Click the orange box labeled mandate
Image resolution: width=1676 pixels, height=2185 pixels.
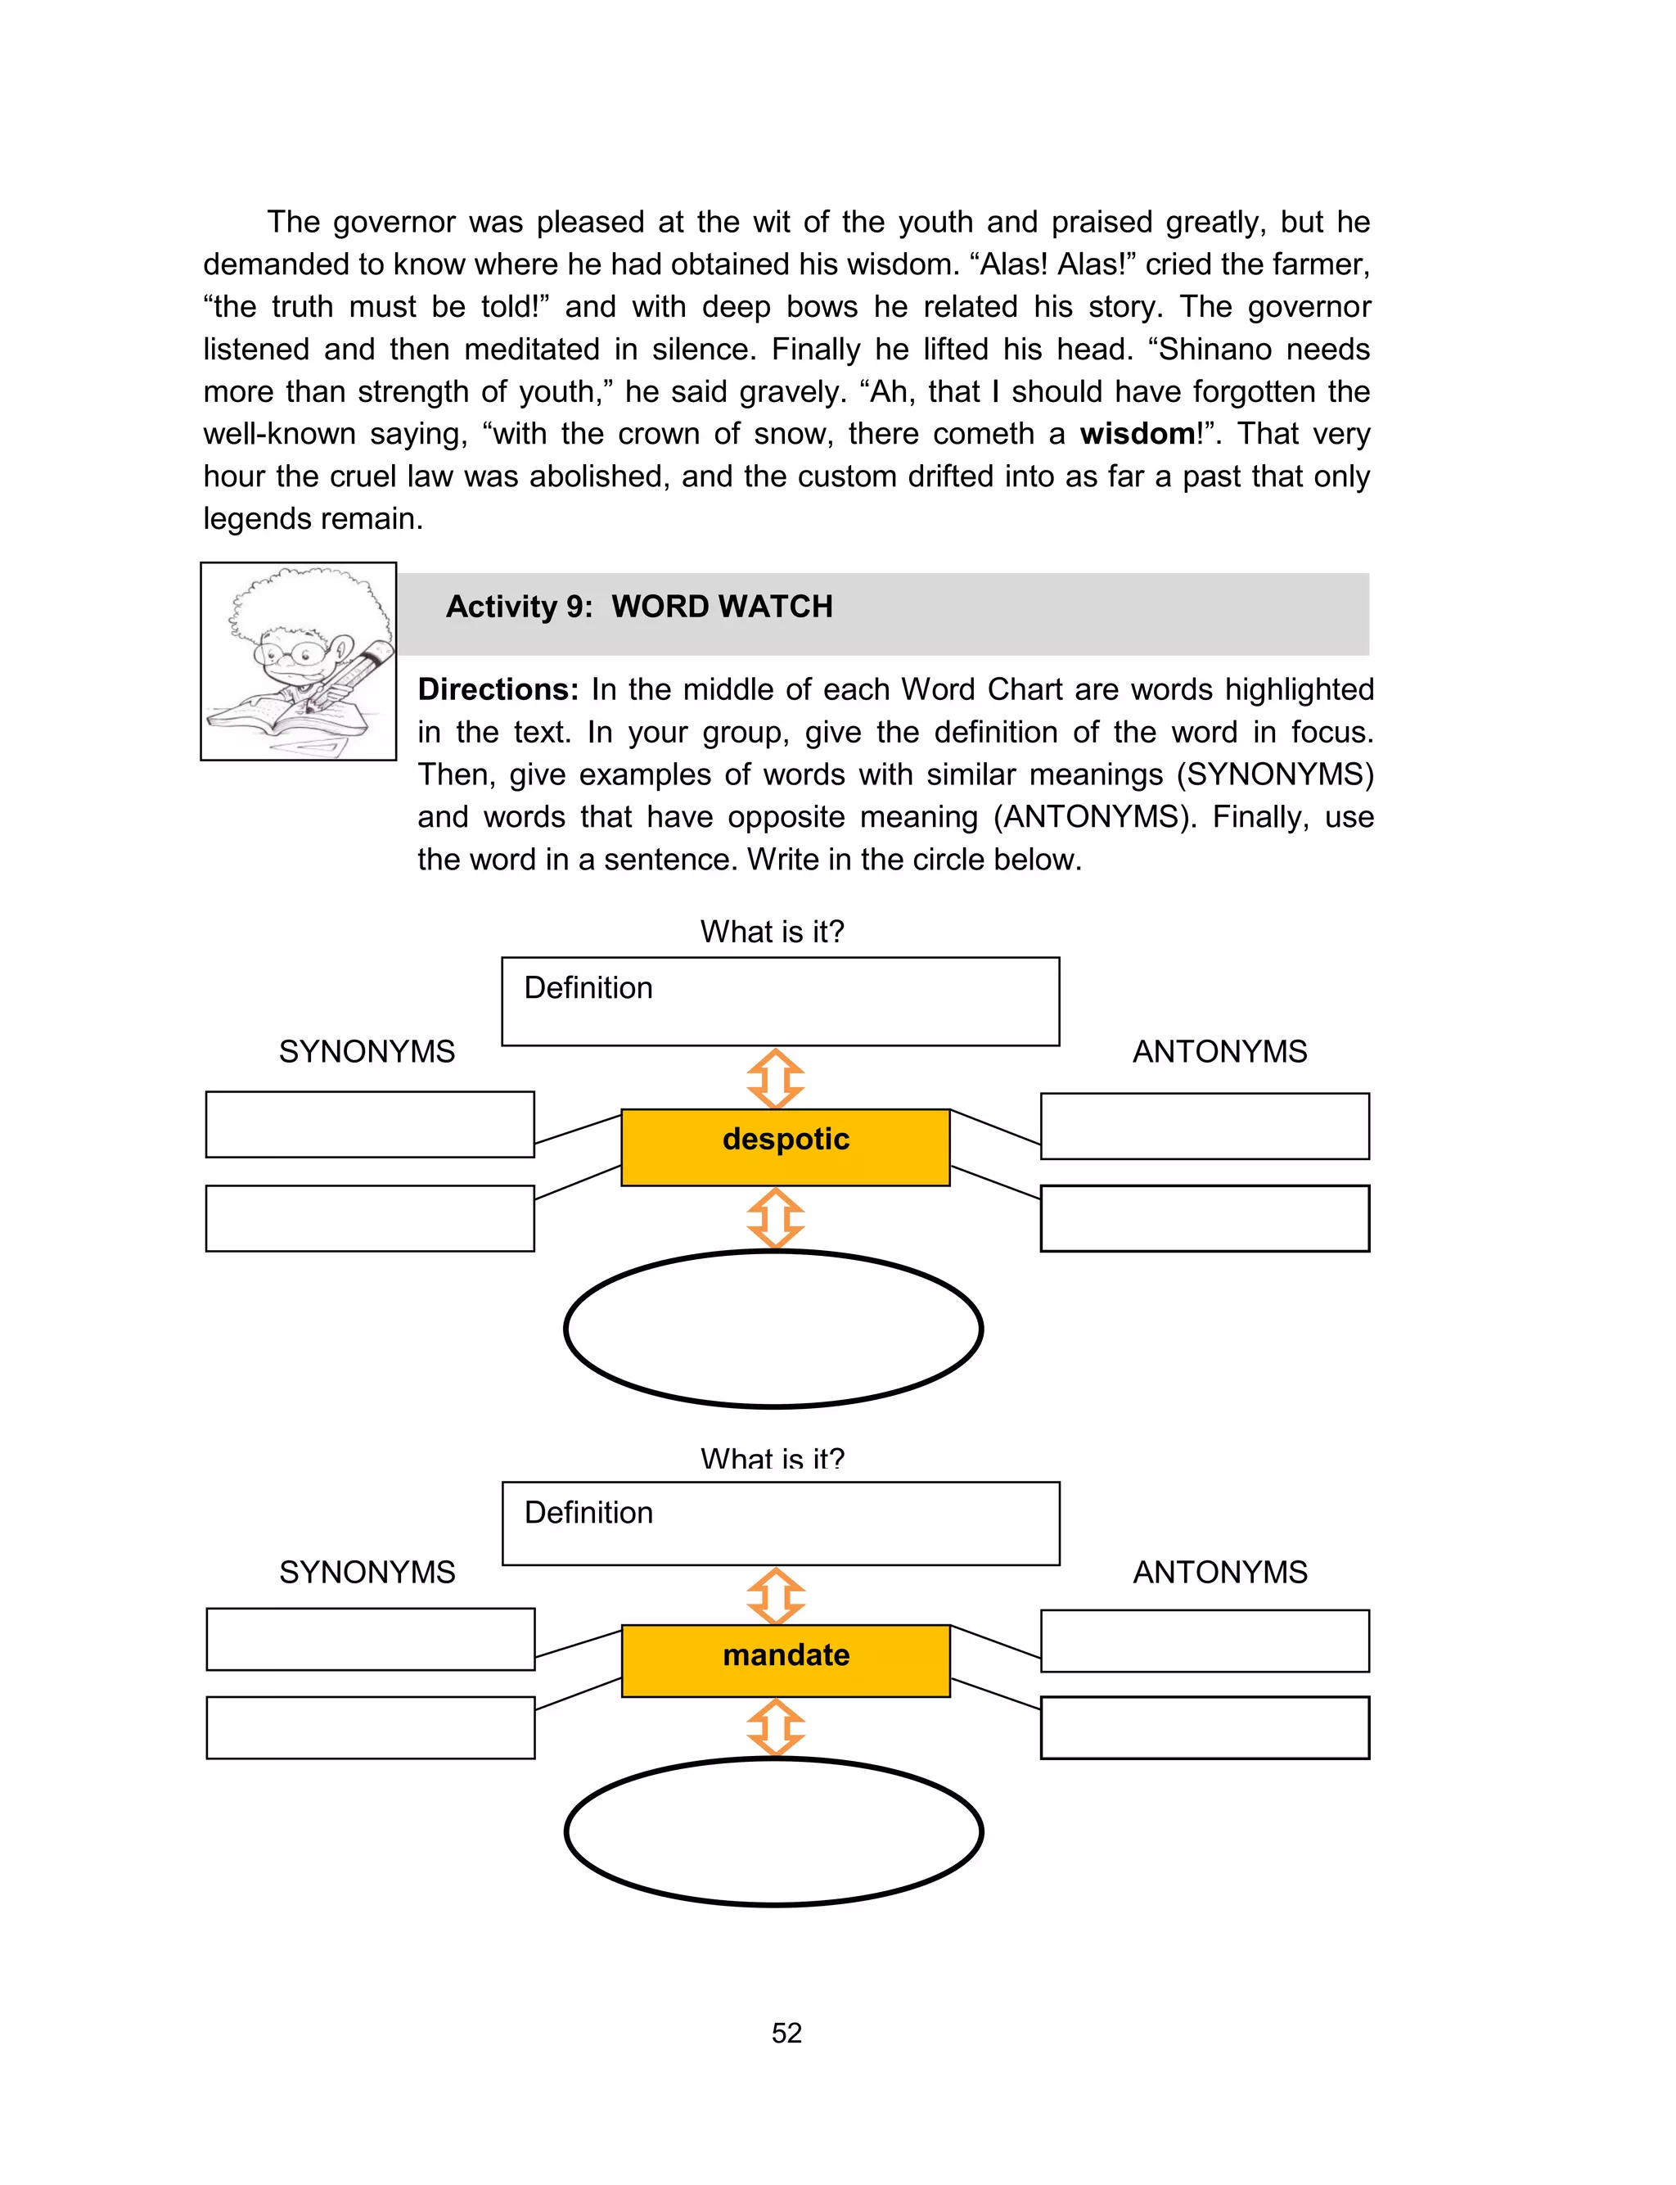[785, 1660]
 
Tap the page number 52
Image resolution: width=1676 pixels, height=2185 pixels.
[786, 2033]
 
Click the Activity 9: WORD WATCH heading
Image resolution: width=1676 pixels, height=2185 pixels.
[638, 607]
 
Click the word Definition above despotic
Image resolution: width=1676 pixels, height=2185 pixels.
[588, 988]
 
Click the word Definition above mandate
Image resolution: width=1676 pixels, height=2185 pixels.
[588, 1513]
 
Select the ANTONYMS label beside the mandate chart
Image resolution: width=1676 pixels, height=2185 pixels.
[1219, 1573]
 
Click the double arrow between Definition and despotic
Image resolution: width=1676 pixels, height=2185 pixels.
[775, 1078]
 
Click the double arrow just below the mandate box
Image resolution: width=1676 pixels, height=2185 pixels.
[775, 1728]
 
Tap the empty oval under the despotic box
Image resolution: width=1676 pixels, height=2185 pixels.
[773, 1329]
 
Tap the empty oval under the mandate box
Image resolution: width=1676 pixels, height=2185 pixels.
[773, 1832]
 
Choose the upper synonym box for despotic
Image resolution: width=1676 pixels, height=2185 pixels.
[369, 1124]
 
